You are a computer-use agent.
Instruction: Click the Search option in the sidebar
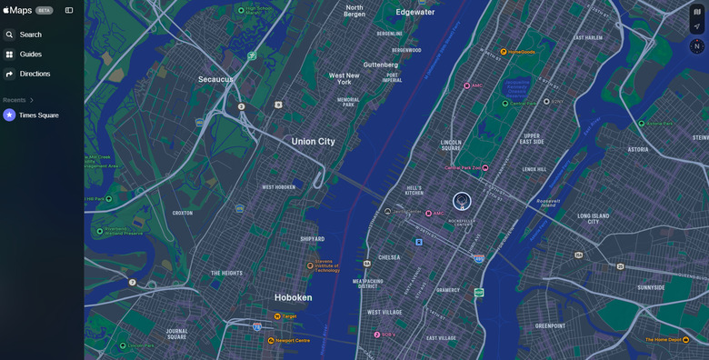tap(30, 35)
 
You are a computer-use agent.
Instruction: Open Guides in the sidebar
tap(30, 55)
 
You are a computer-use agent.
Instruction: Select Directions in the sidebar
tap(35, 74)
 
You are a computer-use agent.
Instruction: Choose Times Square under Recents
tap(38, 115)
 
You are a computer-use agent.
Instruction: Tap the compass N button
tap(697, 46)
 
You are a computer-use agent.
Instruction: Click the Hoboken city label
tap(294, 297)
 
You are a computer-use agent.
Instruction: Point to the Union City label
tap(313, 142)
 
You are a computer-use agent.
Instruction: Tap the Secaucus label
tap(215, 79)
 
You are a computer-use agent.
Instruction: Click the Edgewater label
tap(415, 13)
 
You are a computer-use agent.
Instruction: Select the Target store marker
tap(277, 316)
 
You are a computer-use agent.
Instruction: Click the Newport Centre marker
tap(271, 341)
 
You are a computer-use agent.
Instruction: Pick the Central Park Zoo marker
tap(484, 168)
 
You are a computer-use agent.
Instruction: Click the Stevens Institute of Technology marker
tap(310, 266)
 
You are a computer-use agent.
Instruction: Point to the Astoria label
tap(637, 149)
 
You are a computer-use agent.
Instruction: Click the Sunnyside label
tap(651, 287)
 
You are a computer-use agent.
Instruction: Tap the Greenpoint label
tap(550, 325)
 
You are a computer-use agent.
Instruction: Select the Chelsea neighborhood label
tap(389, 257)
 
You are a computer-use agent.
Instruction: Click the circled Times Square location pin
tap(462, 201)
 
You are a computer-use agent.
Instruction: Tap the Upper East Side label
tap(533, 138)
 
